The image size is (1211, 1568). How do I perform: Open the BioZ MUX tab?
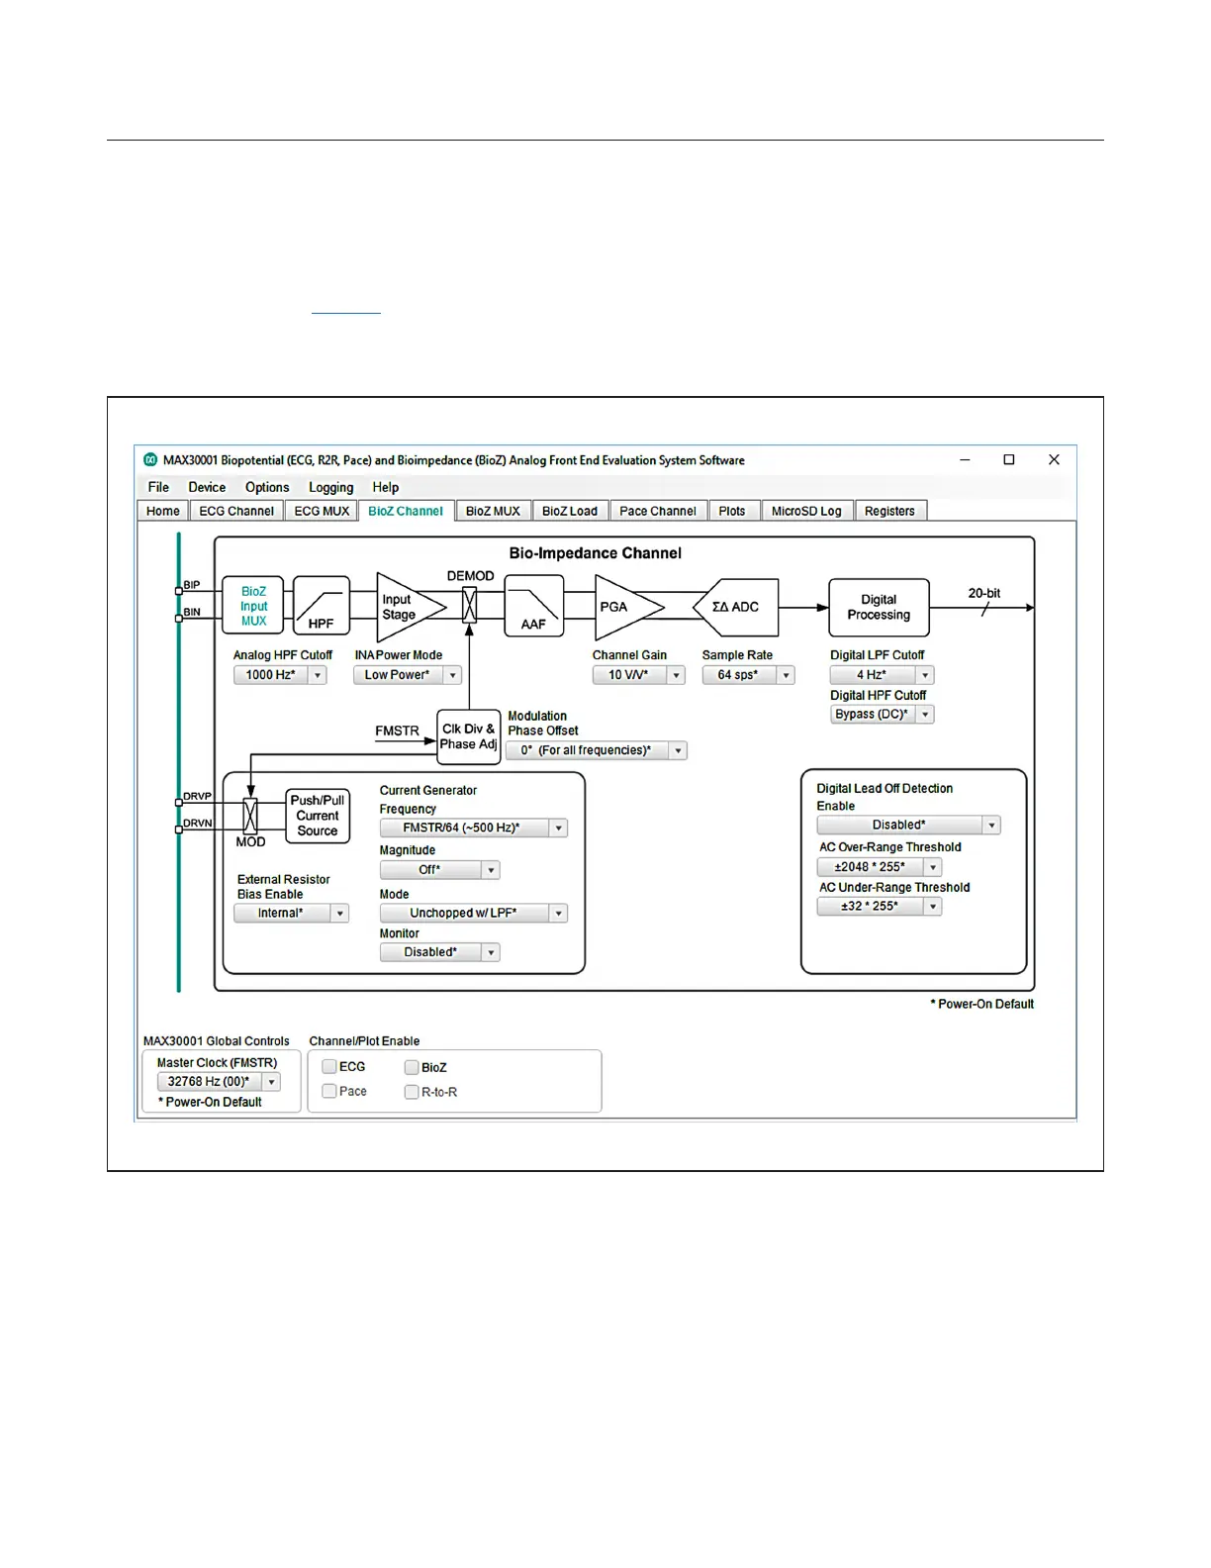click(x=493, y=511)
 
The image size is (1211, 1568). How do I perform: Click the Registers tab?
click(x=889, y=511)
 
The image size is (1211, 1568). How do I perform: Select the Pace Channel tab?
click(x=658, y=511)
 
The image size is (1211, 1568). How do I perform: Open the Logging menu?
click(x=330, y=487)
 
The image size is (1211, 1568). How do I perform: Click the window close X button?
click(x=1054, y=459)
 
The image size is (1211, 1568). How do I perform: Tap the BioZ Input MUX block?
click(x=253, y=606)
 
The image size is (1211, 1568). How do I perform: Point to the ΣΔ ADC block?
click(x=737, y=607)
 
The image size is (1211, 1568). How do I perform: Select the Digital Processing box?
click(x=879, y=607)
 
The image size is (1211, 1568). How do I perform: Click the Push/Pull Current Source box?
click(x=318, y=816)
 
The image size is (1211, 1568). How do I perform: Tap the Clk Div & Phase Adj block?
click(x=469, y=736)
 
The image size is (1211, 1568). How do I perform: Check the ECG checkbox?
click(x=329, y=1066)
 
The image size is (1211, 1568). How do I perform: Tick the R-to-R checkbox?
click(x=412, y=1092)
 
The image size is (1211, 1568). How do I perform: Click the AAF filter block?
click(x=534, y=607)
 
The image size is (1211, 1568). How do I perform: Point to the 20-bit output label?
click(x=983, y=593)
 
